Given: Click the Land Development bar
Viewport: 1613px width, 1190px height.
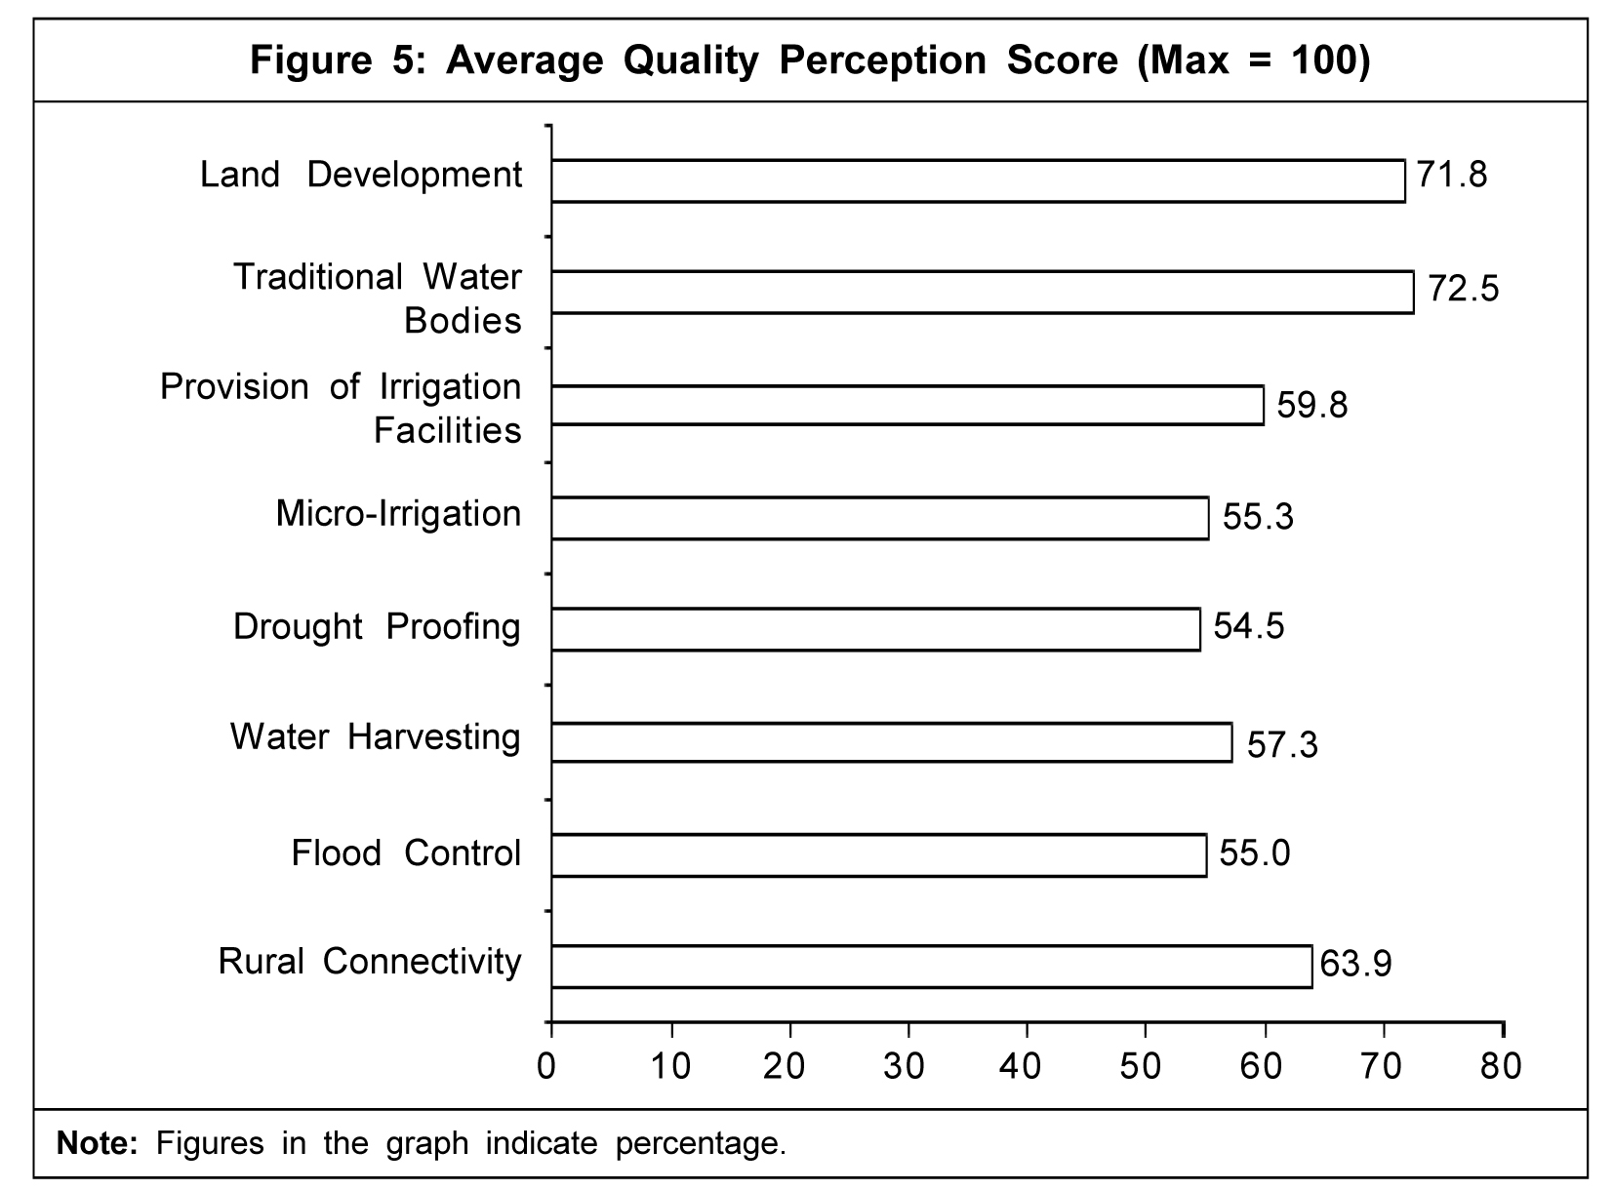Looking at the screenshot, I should point(978,181).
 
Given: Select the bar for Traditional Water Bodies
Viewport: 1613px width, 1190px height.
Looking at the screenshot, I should point(982,293).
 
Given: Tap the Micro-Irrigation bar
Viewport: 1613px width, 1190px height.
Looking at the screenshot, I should point(879,518).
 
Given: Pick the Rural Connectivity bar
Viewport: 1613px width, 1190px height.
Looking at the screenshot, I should point(931,967).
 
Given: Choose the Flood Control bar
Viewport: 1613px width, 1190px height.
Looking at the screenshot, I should point(878,855).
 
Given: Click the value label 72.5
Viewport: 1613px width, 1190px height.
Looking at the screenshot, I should point(1463,290).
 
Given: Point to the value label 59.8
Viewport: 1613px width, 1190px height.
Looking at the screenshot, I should point(1312,404).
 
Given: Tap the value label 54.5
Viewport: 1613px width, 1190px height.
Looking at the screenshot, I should point(1249,625).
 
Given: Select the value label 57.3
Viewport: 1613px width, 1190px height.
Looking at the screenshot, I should point(1282,745).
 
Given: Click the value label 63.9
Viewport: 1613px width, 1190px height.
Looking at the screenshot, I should point(1355,964).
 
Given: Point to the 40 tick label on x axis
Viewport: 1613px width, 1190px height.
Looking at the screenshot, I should point(1021,1066).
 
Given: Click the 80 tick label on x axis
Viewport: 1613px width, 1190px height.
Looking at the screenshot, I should point(1501,1066).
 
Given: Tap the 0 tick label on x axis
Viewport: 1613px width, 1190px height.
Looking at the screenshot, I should point(547,1066).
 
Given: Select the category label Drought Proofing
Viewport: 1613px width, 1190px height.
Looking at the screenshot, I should point(377,627).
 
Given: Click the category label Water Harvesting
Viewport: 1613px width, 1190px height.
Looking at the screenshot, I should point(376,737).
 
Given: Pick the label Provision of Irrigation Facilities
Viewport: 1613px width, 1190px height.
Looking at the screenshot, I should point(342,409).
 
